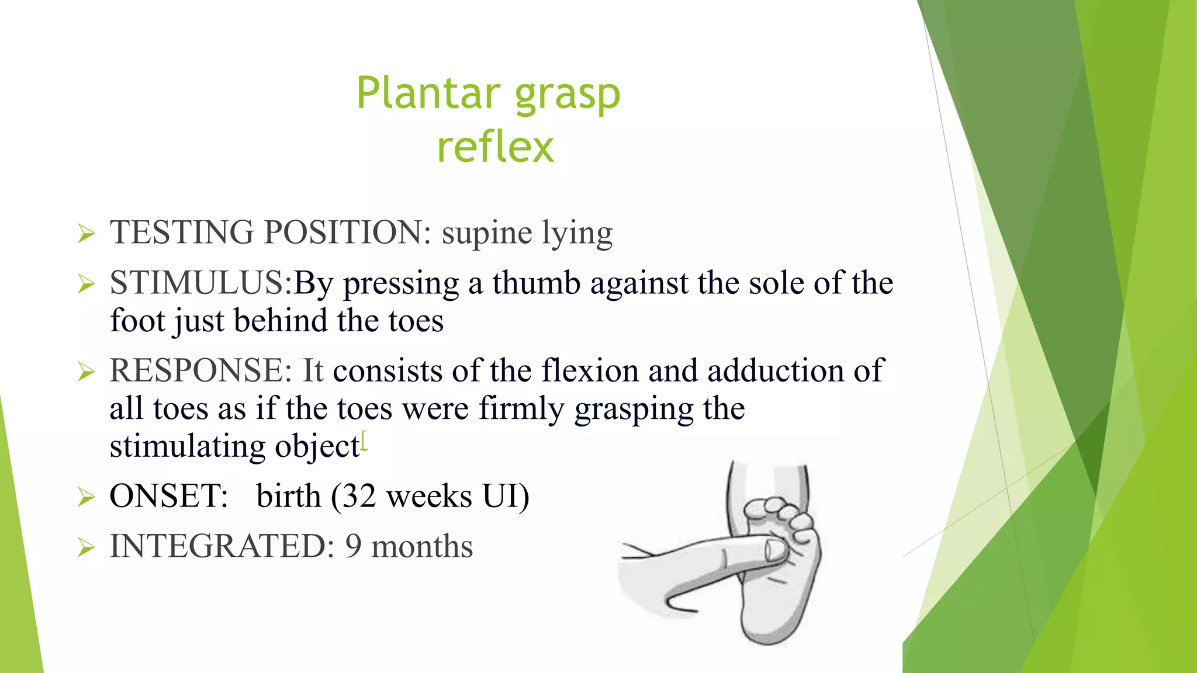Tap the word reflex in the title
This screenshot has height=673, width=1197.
coord(495,147)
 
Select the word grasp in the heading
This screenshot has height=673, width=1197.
coord(567,95)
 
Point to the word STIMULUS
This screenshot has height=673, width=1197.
coord(196,283)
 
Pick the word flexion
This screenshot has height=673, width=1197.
coord(590,371)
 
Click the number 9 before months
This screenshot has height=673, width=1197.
coord(353,547)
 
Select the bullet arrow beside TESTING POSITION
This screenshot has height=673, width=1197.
coord(86,235)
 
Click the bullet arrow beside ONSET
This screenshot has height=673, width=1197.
coord(86,498)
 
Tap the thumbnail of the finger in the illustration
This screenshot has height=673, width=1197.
coord(776,549)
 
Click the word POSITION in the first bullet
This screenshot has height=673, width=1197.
coord(343,233)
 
